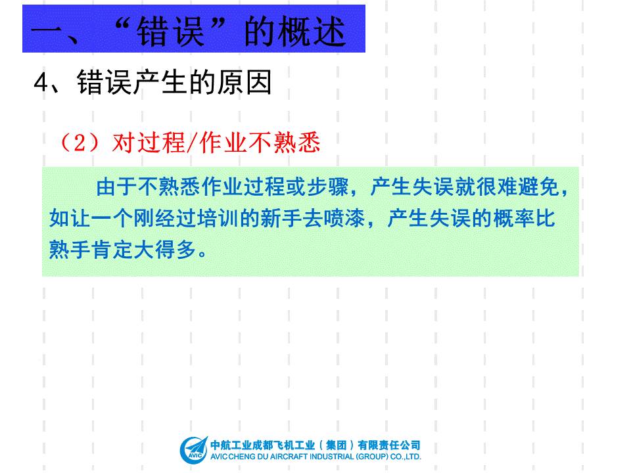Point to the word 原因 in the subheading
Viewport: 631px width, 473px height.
pyautogui.click(x=245, y=83)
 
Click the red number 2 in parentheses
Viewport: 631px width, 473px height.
pyautogui.click(x=80, y=143)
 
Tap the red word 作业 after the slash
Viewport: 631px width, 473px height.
pyautogui.click(x=223, y=143)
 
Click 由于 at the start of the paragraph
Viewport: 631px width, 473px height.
pyautogui.click(x=116, y=187)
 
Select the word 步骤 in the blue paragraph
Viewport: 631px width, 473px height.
pyautogui.click(x=327, y=187)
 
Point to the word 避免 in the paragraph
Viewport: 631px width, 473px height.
pyautogui.click(x=538, y=187)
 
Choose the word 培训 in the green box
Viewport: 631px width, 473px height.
pyautogui.click(x=218, y=218)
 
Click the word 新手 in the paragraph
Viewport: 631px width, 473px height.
pyautogui.click(x=281, y=218)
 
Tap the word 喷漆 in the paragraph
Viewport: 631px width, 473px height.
pyautogui.click(x=344, y=218)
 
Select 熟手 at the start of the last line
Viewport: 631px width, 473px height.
pyautogui.click(x=70, y=250)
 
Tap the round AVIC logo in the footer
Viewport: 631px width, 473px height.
pyautogui.click(x=193, y=449)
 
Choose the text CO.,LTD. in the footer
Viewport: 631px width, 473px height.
pyautogui.click(x=406, y=457)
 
